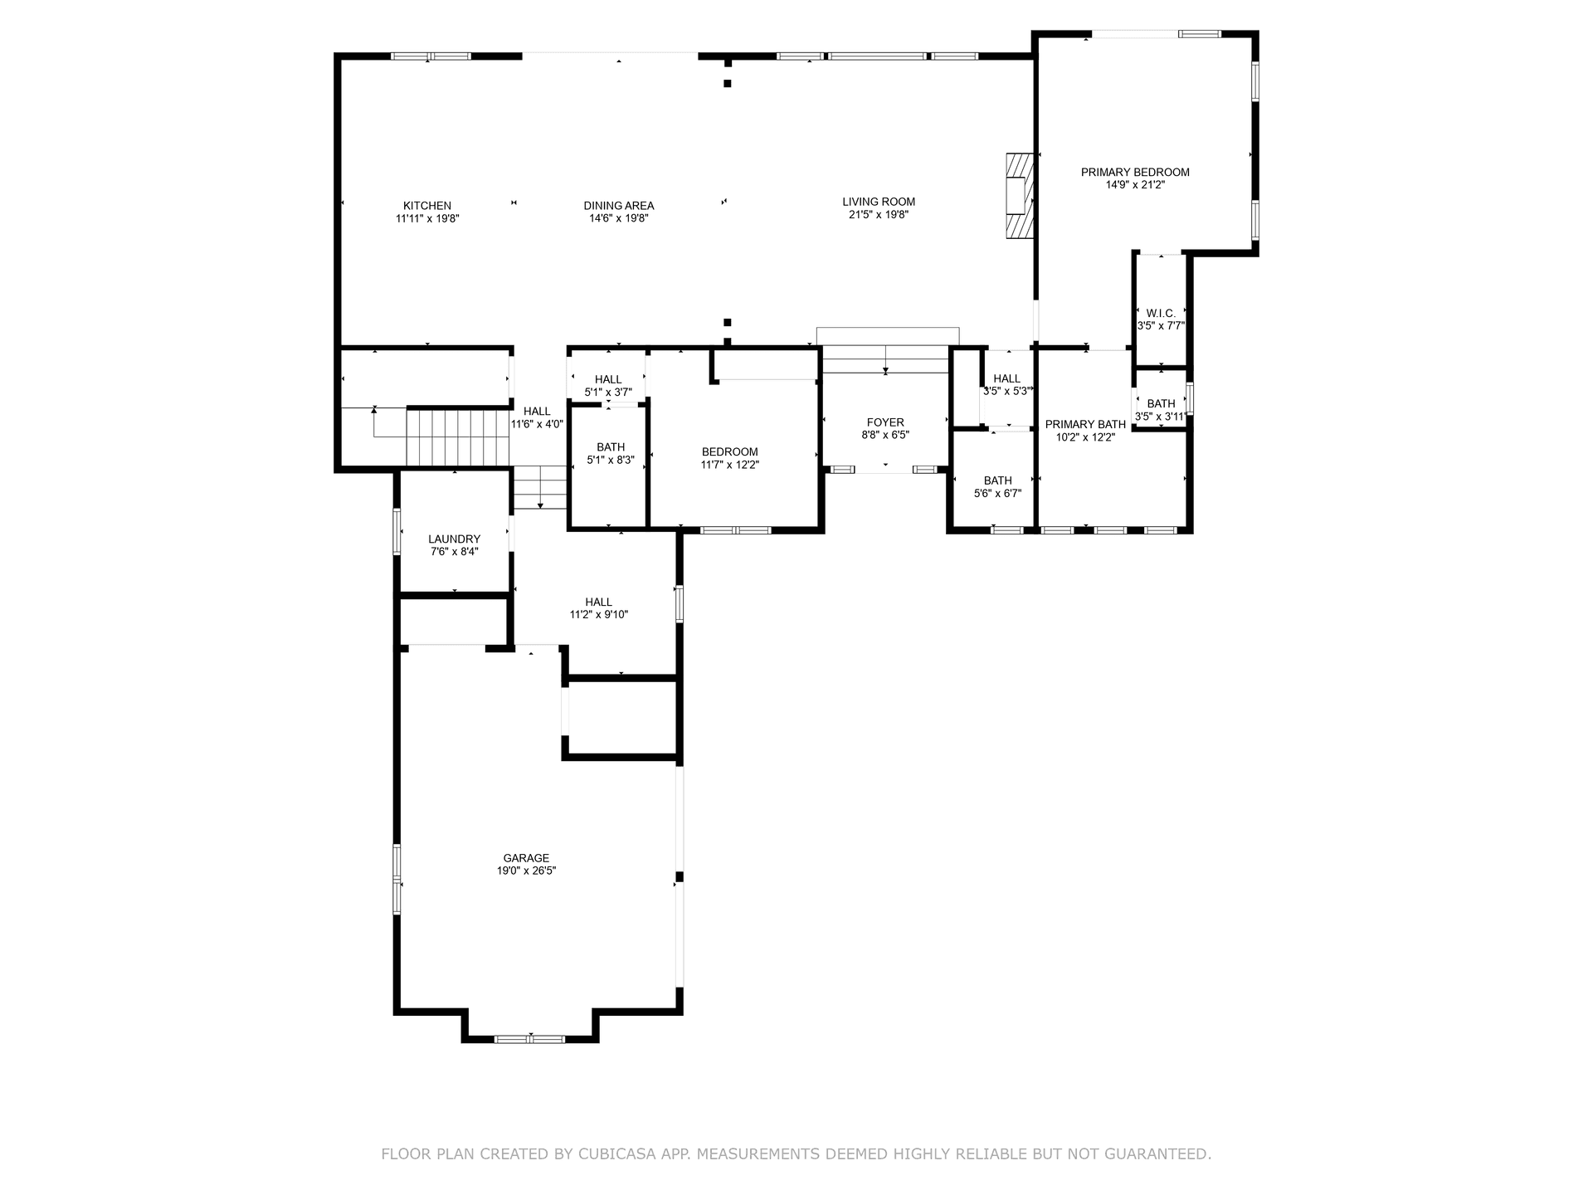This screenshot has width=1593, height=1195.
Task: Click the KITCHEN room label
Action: (427, 206)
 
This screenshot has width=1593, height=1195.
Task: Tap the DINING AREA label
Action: (618, 206)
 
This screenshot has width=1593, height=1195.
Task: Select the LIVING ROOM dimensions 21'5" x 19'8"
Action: (879, 215)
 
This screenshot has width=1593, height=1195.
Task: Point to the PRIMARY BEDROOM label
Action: (1134, 173)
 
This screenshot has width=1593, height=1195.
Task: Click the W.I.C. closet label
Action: (1161, 313)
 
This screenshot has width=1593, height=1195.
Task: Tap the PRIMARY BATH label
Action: (1085, 424)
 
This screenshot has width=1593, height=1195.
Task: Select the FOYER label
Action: (885, 422)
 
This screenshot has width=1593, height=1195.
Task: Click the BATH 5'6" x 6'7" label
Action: (997, 480)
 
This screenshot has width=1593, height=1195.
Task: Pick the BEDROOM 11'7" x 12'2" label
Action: (729, 452)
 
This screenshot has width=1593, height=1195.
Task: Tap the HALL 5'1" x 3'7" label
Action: (608, 379)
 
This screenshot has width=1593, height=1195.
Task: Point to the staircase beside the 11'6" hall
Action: (456, 437)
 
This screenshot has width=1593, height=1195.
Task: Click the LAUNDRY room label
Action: (454, 539)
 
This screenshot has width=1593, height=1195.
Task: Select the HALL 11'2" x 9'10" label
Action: (598, 602)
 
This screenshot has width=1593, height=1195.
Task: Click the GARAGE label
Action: (526, 858)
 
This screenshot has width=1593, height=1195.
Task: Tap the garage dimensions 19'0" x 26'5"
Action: (526, 871)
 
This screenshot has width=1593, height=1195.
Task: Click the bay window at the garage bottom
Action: (529, 1038)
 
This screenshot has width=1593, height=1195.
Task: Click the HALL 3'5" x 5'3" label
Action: (1006, 378)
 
